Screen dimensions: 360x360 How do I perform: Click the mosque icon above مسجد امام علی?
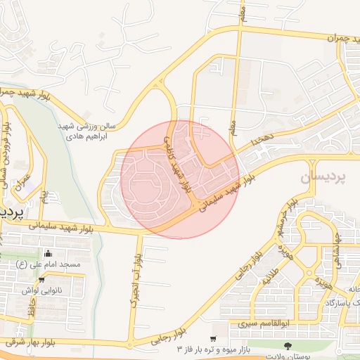(48, 254)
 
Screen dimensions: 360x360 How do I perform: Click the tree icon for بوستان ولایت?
(288, 345)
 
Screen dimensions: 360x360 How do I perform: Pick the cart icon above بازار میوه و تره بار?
(213, 338)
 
